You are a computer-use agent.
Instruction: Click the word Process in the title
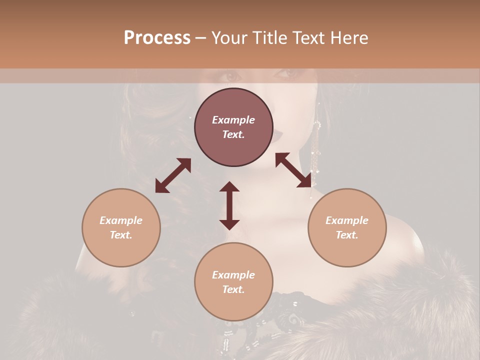pos(157,38)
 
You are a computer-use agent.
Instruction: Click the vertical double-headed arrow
pos(229,205)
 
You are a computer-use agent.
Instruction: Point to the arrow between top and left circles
pos(173,175)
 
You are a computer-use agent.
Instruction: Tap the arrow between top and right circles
pos(293,170)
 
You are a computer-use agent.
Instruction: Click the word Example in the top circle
pos(233,120)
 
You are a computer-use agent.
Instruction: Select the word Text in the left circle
pos(121,235)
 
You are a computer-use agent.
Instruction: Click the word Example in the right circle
pos(347,220)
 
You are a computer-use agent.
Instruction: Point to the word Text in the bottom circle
pos(233,289)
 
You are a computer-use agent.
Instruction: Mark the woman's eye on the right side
pos(288,74)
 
